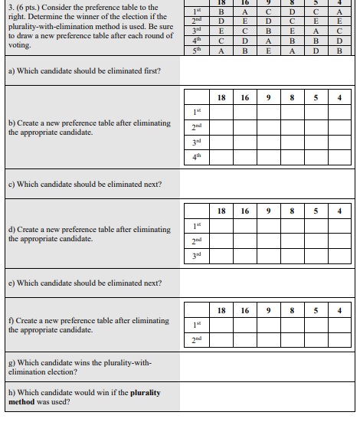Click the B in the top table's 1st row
(x=221, y=12)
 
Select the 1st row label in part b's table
(x=197, y=112)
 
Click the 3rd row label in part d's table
(x=197, y=254)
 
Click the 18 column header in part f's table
(x=221, y=310)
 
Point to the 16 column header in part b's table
(x=244, y=97)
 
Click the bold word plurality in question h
(x=145, y=393)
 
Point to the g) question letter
(x=11, y=363)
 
